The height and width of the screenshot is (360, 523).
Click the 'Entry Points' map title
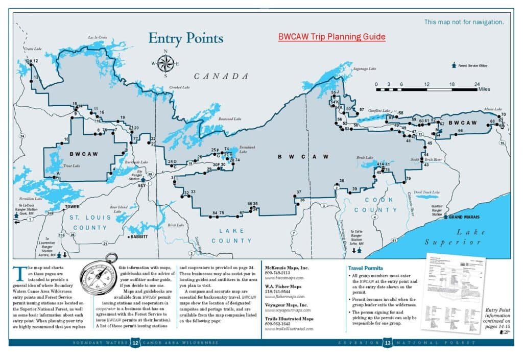coord(185,39)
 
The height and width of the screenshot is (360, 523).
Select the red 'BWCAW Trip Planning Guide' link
coord(331,37)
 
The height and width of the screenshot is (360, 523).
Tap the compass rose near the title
coord(165,63)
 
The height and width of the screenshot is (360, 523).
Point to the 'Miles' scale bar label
coord(484,89)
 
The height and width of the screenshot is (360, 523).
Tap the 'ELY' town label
coord(142,185)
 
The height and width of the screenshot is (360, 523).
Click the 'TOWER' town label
coord(72,207)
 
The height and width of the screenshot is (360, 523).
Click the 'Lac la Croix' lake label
coord(98,37)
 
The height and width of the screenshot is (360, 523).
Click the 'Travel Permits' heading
coord(366,268)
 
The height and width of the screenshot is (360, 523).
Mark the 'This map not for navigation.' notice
coord(464,22)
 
